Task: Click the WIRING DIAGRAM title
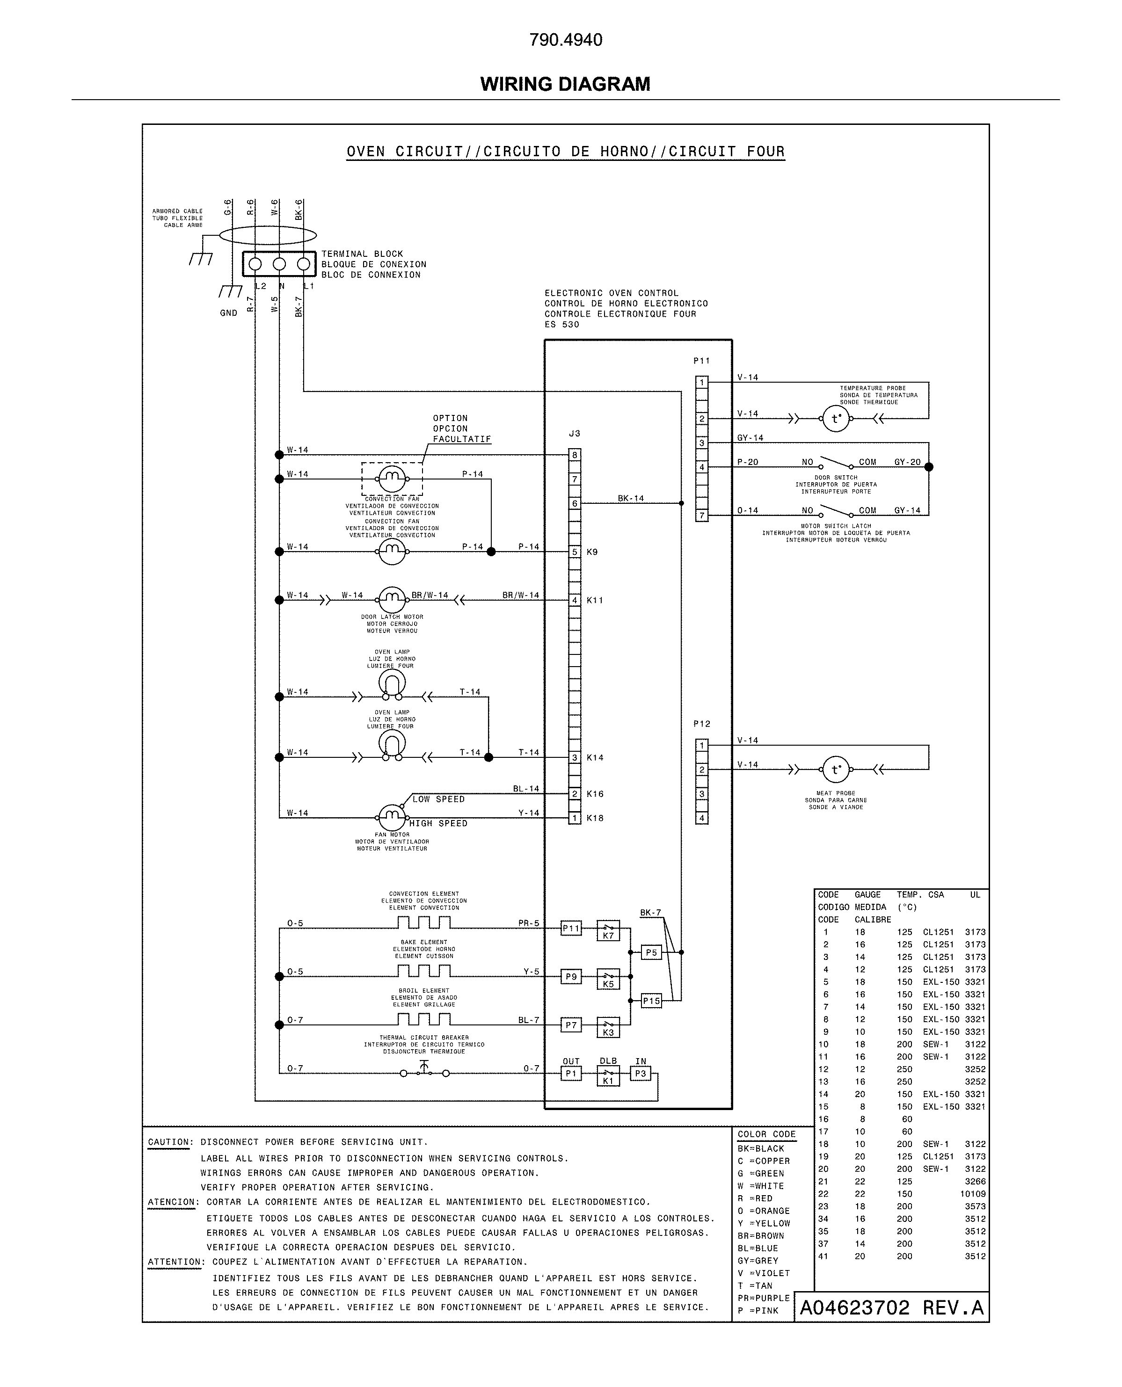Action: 565,84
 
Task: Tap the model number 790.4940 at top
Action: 566,40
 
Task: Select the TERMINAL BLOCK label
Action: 362,254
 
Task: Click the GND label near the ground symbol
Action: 229,312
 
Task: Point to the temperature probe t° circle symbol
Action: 836,419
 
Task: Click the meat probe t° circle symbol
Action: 836,770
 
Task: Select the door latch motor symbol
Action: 392,600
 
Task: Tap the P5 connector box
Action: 651,952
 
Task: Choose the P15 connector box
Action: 651,1001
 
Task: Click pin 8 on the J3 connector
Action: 575,455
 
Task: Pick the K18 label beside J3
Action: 595,818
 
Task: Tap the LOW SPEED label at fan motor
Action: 439,799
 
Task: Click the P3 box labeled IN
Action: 641,1073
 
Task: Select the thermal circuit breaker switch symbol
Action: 424,1072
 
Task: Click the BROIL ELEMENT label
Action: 424,990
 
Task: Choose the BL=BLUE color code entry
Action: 758,1248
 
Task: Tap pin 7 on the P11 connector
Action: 702,516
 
